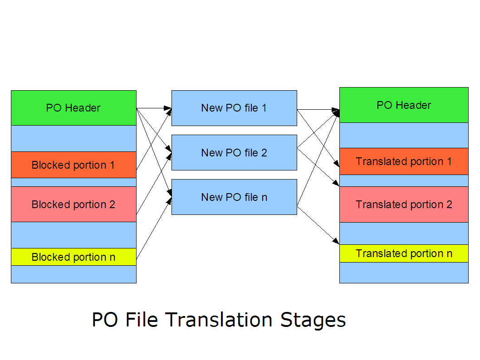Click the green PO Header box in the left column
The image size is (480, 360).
pyautogui.click(x=73, y=108)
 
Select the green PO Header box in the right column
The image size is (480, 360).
pyautogui.click(x=404, y=105)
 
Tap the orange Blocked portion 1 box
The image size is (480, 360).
pyautogui.click(x=73, y=165)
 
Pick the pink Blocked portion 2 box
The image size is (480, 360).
pyautogui.click(x=73, y=204)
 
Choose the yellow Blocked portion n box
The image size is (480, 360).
pyautogui.click(x=73, y=257)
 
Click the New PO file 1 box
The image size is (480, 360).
pyautogui.click(x=234, y=108)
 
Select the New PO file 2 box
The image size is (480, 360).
pyautogui.click(x=234, y=153)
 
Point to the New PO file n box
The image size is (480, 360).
pyautogui.click(x=234, y=197)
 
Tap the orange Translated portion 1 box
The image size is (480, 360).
pyautogui.click(x=404, y=161)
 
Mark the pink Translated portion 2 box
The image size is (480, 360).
pyautogui.click(x=404, y=204)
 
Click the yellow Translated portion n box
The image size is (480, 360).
pyautogui.click(x=404, y=253)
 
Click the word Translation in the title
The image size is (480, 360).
pyautogui.click(x=219, y=320)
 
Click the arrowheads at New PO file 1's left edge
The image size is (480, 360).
pyautogui.click(x=168, y=109)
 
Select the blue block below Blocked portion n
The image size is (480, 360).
pyautogui.click(x=73, y=274)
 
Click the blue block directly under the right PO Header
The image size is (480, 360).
pyautogui.click(x=404, y=135)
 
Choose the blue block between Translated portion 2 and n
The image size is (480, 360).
pyautogui.click(x=404, y=234)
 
